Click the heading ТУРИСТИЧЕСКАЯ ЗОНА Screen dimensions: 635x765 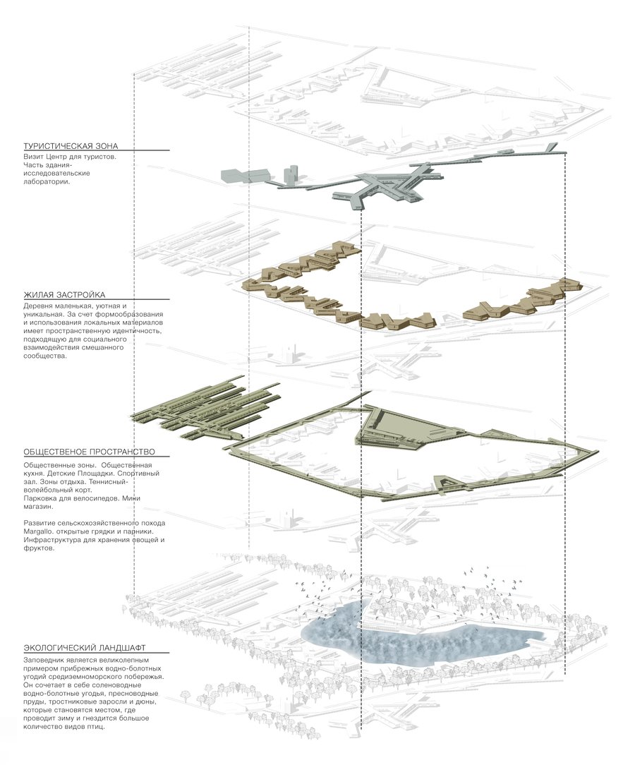point(71,146)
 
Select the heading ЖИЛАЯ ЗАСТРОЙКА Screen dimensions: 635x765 point(64,295)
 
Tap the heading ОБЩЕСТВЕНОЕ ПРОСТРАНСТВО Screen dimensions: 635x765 point(89,452)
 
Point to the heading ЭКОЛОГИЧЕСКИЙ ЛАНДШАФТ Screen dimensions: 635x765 point(85,648)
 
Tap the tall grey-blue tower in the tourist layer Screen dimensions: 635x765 point(291,174)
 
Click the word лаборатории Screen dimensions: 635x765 point(47,181)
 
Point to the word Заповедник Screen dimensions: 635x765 point(44,660)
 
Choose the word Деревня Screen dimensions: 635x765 point(38,306)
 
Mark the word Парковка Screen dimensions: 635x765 point(41,499)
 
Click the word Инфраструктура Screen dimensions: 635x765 point(53,540)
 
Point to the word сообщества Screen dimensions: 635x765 point(44,356)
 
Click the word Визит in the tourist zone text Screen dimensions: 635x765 point(33,157)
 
